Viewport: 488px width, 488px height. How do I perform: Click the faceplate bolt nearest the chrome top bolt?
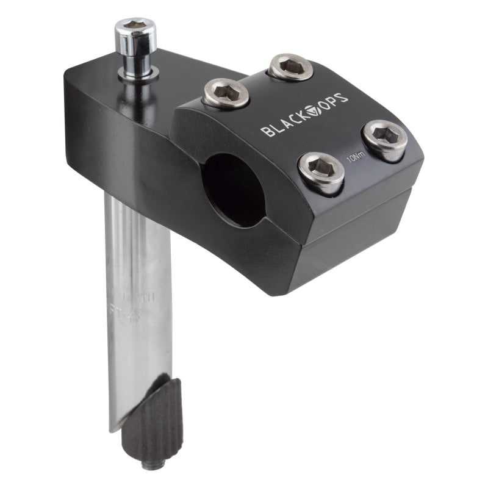pyautogui.click(x=226, y=93)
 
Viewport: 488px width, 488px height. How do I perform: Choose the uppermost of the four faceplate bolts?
pyautogui.click(x=291, y=66)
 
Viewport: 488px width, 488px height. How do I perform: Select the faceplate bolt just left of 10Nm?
pyautogui.click(x=321, y=173)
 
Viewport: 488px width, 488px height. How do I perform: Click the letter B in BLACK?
pyautogui.click(x=266, y=131)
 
